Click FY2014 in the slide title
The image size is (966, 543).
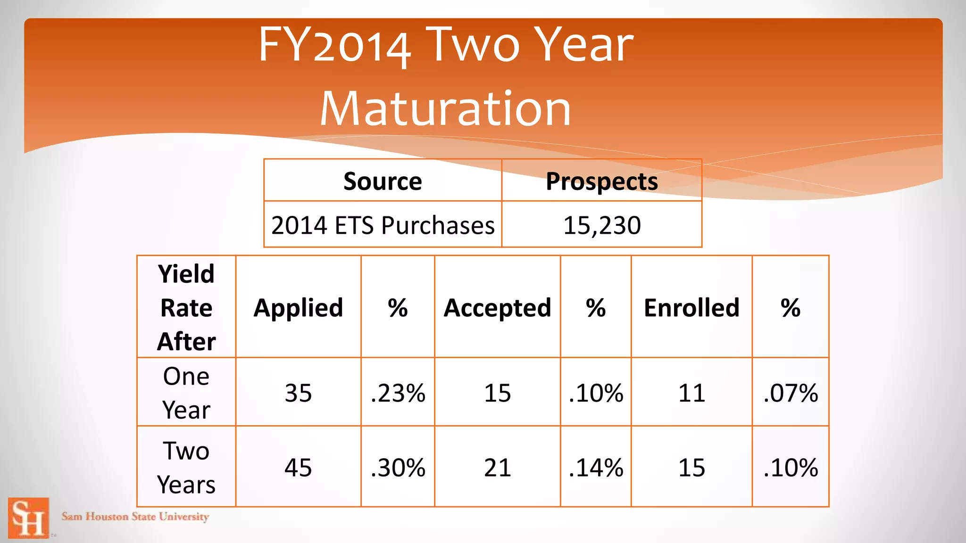334,46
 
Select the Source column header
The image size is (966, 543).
383,181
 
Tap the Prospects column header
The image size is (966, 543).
601,181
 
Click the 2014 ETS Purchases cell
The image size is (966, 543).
383,225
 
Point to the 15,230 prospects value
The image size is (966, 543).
602,225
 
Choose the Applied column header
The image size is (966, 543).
298,308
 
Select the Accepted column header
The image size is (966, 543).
497,308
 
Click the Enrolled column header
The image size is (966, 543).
691,308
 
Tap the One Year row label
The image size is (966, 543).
186,393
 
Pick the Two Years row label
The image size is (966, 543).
186,467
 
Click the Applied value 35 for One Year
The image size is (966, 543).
298,393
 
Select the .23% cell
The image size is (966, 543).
398,393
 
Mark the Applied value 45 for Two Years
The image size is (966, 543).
298,468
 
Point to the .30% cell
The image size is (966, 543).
398,468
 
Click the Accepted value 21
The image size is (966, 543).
497,468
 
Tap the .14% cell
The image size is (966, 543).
596,468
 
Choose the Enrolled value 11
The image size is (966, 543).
691,393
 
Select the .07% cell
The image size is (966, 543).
791,393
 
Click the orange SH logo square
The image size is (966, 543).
28,518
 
